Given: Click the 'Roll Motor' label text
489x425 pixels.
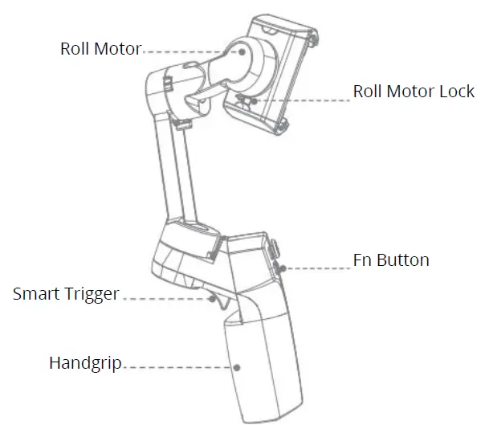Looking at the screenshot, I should (100, 49).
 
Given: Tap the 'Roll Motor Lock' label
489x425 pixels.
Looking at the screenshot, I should (414, 91).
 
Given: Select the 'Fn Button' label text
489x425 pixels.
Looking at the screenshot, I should (391, 260).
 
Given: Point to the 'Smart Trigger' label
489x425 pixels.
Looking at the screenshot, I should (65, 294).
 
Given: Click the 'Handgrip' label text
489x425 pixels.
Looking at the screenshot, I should (84, 363).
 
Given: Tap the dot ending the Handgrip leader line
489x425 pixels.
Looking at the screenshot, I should (238, 367).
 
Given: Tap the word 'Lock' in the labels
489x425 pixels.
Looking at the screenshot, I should (457, 91).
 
